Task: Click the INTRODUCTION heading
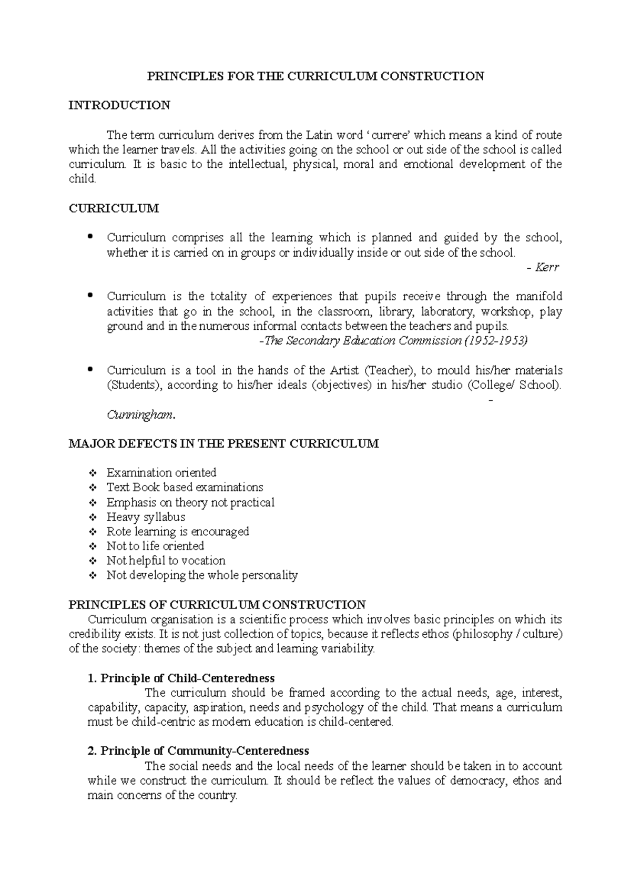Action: click(x=119, y=105)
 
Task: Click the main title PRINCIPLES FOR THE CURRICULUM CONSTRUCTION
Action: click(x=315, y=76)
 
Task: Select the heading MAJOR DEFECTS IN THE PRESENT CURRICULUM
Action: click(x=223, y=444)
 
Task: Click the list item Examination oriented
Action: click(x=161, y=473)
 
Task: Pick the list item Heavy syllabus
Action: click(x=146, y=517)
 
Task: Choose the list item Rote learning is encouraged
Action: click(x=178, y=532)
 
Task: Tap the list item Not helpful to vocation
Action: click(x=166, y=561)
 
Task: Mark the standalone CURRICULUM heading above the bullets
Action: click(x=114, y=209)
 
